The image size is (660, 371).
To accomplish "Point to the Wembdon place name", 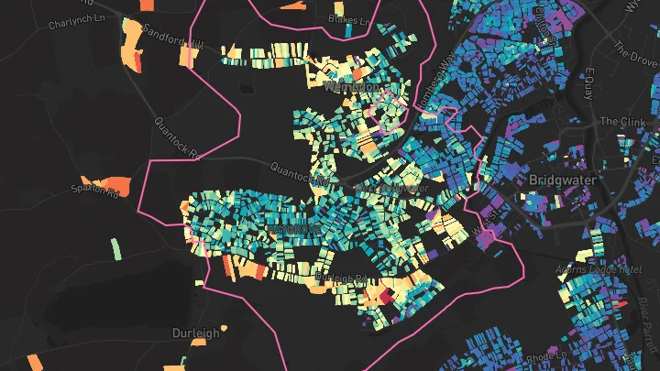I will click(x=351, y=86).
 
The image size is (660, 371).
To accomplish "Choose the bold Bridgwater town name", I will click(x=562, y=180).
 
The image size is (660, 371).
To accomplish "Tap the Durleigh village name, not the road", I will click(x=196, y=333).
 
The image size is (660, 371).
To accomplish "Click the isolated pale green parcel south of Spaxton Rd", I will click(x=115, y=248).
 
